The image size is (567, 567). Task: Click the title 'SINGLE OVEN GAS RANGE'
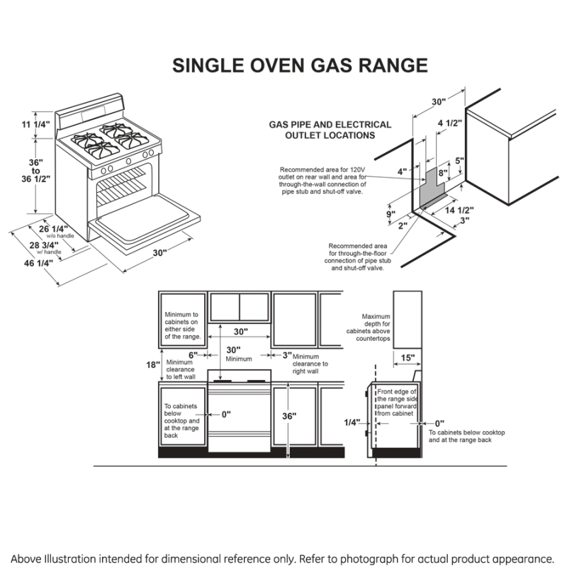pyautogui.click(x=300, y=66)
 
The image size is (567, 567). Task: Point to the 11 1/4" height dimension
pyautogui.click(x=35, y=125)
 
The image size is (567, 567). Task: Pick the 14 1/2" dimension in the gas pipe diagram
pyautogui.click(x=459, y=210)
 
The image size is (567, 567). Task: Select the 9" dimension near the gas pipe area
pyautogui.click(x=391, y=214)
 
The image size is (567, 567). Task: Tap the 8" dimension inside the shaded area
pyautogui.click(x=442, y=172)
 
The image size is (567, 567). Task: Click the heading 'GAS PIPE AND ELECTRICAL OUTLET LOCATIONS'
pyautogui.click(x=330, y=130)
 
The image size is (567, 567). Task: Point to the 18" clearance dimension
pyautogui.click(x=152, y=364)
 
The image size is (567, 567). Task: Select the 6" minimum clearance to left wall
pyautogui.click(x=192, y=354)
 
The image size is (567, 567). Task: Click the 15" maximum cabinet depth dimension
pyautogui.click(x=407, y=358)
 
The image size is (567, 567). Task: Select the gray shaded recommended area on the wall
pyautogui.click(x=431, y=186)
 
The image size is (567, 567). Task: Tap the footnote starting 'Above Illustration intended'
pyautogui.click(x=283, y=558)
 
